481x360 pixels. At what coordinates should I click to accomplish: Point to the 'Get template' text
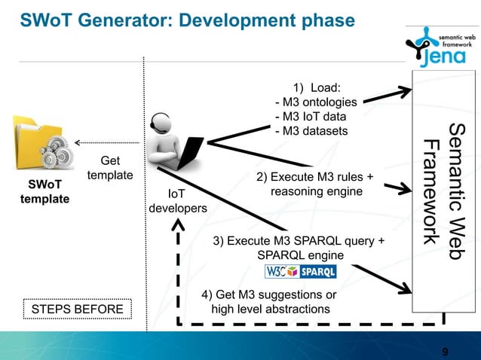click(x=110, y=168)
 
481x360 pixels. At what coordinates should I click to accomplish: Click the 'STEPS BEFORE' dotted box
click(x=75, y=309)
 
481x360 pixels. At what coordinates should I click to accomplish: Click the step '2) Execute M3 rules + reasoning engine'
click(x=315, y=185)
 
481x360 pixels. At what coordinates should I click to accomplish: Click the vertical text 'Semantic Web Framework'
click(x=445, y=192)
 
